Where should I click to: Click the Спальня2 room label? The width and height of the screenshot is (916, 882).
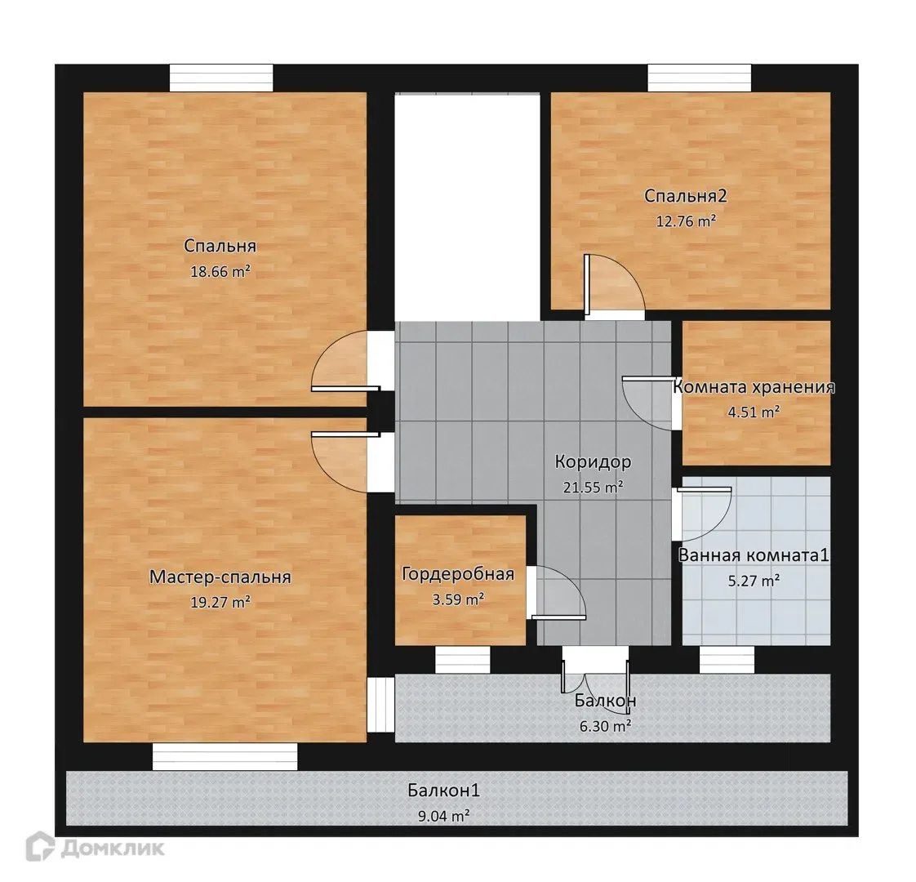click(x=685, y=196)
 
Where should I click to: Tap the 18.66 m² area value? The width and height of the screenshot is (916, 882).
click(x=220, y=271)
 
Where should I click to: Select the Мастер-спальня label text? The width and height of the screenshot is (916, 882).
click(x=220, y=577)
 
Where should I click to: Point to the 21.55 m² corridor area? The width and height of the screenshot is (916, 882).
click(x=593, y=486)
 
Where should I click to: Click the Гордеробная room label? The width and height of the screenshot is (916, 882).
click(x=458, y=574)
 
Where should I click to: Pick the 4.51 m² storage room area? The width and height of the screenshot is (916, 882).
click(x=754, y=412)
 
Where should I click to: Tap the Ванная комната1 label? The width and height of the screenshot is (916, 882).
click(x=754, y=555)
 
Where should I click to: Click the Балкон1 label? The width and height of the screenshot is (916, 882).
click(x=444, y=791)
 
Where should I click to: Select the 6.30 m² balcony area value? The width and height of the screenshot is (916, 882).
click(x=605, y=726)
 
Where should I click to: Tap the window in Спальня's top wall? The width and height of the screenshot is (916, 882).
click(x=221, y=78)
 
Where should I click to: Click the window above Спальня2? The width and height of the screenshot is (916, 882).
click(x=700, y=78)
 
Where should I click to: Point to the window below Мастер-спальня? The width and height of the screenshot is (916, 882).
click(x=225, y=756)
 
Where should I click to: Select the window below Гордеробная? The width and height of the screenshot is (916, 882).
click(x=463, y=660)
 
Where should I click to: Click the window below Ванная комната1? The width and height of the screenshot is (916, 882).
click(x=727, y=660)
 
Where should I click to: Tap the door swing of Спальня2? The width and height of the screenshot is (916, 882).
click(x=615, y=286)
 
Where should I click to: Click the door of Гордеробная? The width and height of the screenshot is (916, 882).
click(x=555, y=593)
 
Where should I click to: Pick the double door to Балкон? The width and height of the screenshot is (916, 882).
click(x=596, y=678)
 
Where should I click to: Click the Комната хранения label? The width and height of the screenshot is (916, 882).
click(x=754, y=387)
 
